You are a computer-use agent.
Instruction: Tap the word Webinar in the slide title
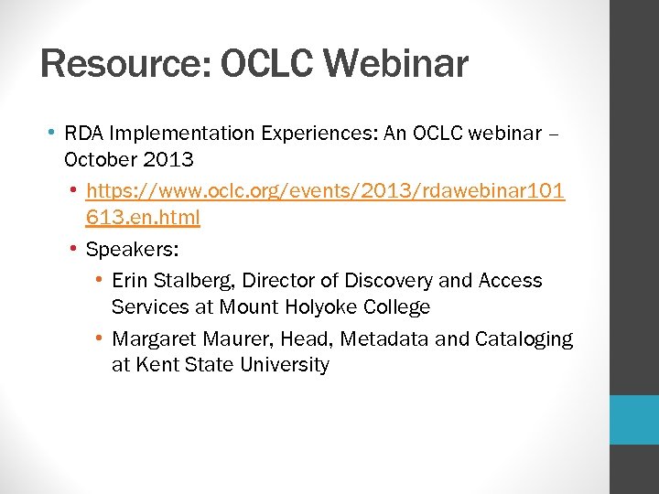(395, 65)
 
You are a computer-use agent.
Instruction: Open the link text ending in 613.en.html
(143, 218)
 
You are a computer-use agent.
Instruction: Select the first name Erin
(129, 281)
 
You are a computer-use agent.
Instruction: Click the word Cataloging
(524, 339)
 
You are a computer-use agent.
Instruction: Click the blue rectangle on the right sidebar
(634, 420)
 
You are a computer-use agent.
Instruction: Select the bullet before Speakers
(73, 249)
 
